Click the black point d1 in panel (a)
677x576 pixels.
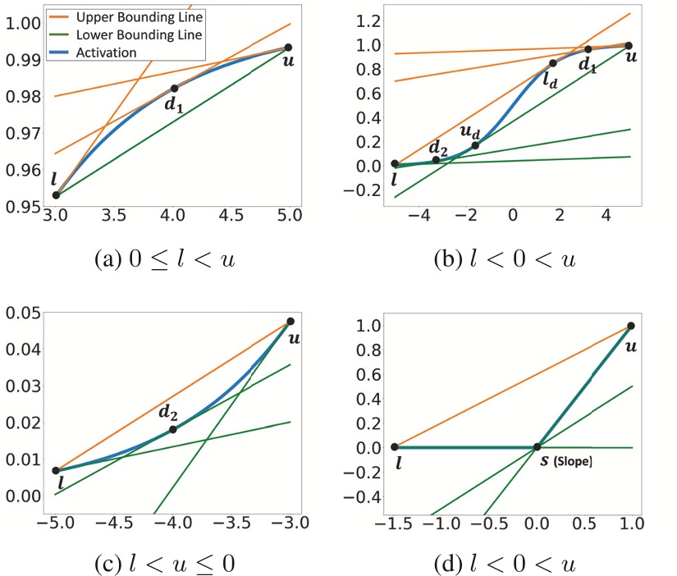pyautogui.click(x=174, y=88)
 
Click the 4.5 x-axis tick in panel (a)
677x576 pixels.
pyautogui.click(x=231, y=216)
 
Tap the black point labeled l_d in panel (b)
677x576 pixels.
pyautogui.click(x=553, y=63)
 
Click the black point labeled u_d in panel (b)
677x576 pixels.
pyautogui.click(x=476, y=145)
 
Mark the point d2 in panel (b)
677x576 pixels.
pyautogui.click(x=437, y=159)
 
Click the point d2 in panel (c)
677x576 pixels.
pyautogui.click(x=173, y=429)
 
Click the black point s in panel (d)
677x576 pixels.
pyautogui.click(x=537, y=447)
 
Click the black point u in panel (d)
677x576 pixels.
pyautogui.click(x=630, y=326)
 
